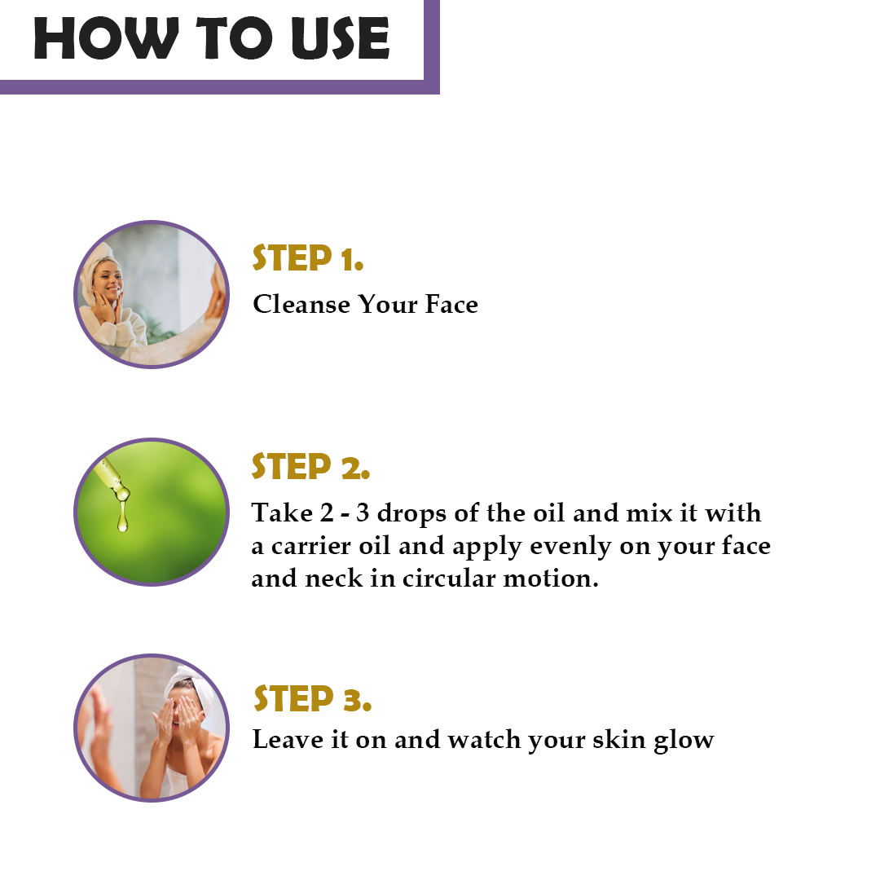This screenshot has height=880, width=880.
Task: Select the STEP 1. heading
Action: (307, 258)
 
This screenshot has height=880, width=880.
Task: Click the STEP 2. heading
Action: (310, 466)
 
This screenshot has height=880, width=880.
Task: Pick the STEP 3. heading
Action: (312, 699)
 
